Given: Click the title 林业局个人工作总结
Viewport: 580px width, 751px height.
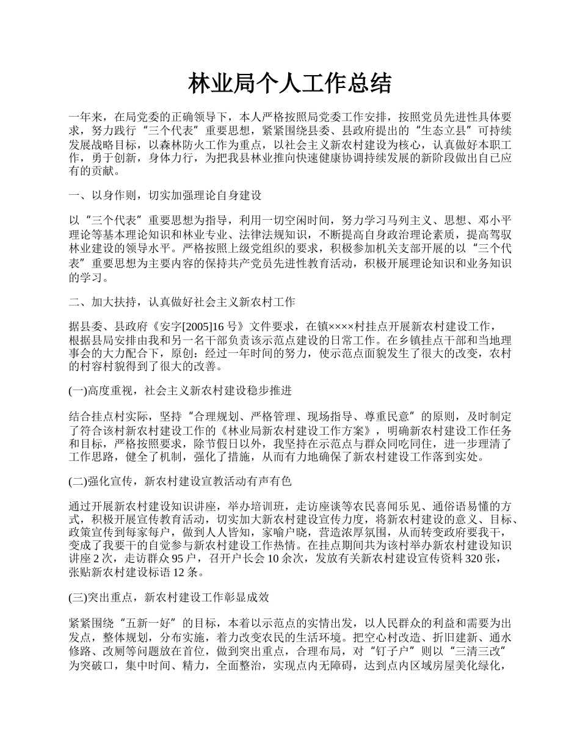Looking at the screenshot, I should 289,84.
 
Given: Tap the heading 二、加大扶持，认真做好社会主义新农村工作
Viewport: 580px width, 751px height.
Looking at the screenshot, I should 181,302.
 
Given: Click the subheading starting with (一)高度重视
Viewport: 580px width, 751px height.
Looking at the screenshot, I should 180,391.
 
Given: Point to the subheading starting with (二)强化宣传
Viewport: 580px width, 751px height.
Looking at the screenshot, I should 180,481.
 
